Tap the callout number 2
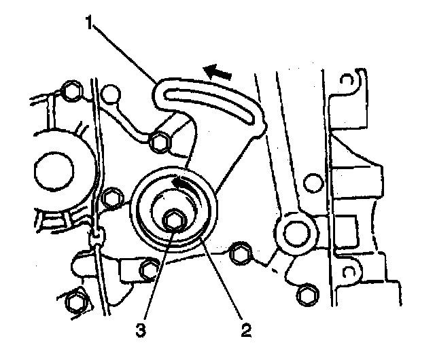[244, 331]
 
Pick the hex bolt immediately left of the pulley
[111, 199]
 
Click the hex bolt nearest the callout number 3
[148, 271]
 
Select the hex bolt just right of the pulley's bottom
[239, 253]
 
